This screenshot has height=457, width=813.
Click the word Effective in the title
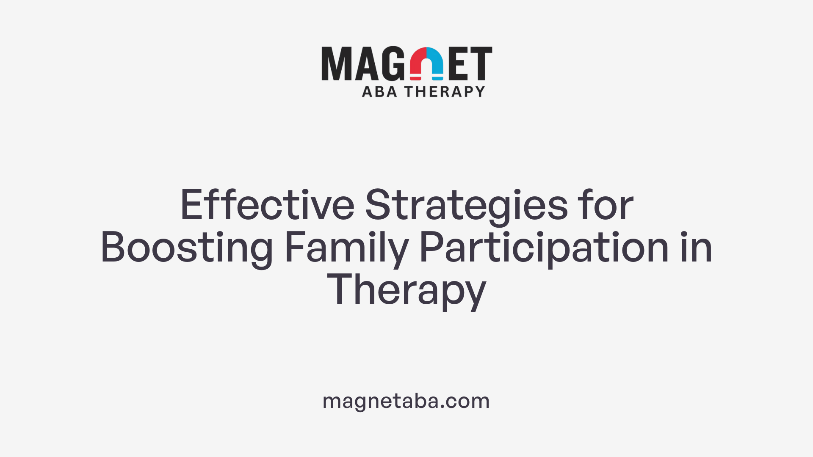pyautogui.click(x=267, y=205)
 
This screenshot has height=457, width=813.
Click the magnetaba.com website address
pyautogui.click(x=406, y=401)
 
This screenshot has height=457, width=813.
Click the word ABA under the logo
pyautogui.click(x=379, y=91)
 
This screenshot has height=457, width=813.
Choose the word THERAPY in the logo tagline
pyautogui.click(x=445, y=91)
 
